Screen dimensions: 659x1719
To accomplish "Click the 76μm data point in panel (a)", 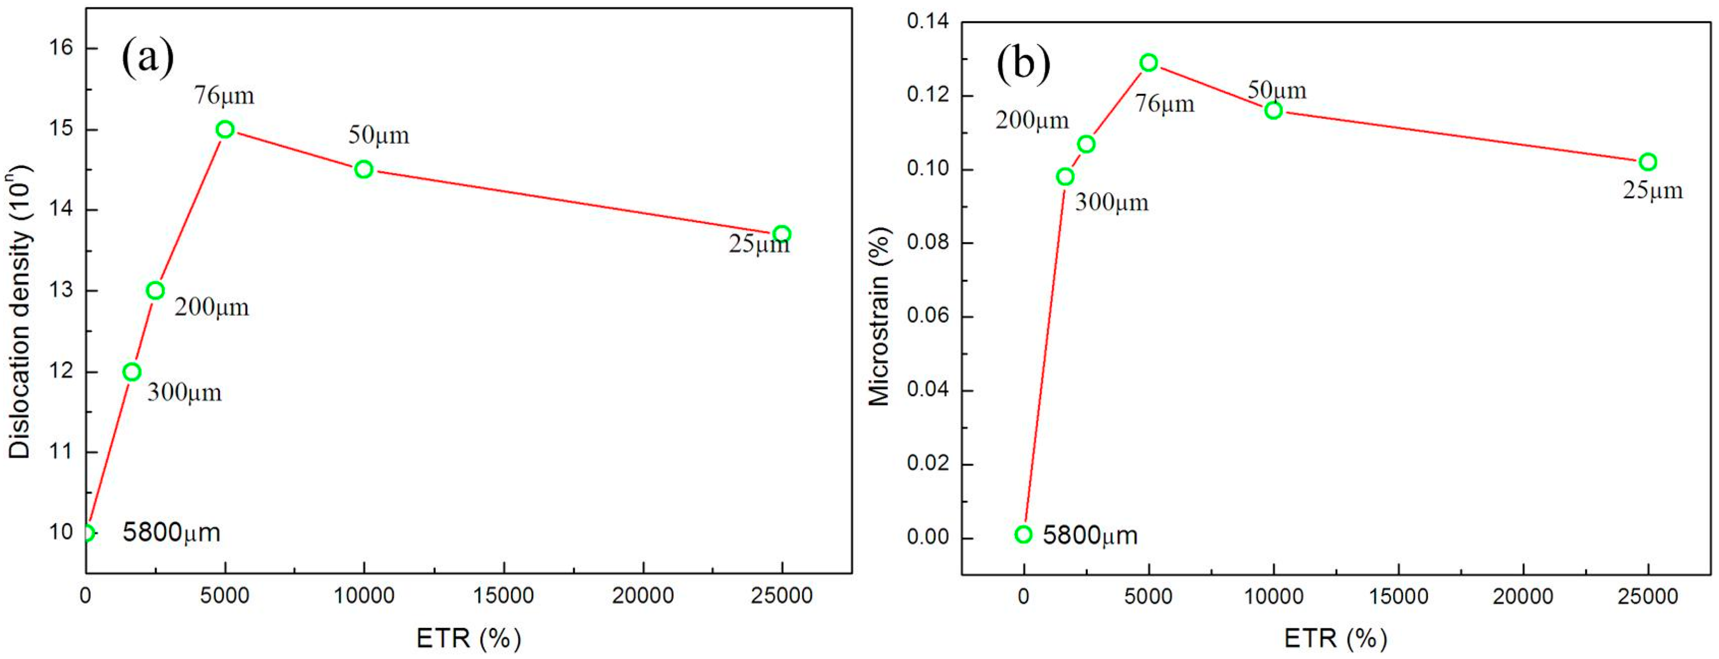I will click(x=225, y=130).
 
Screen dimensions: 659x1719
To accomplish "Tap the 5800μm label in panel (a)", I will click(x=172, y=532).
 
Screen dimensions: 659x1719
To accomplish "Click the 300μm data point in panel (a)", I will click(x=132, y=372).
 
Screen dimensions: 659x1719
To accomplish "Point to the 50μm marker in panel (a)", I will click(x=364, y=170).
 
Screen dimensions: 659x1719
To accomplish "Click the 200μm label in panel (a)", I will click(x=212, y=307).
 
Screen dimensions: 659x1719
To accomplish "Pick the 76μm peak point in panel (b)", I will click(x=1148, y=63).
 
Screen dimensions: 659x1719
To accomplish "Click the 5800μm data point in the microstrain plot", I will click(x=1023, y=534).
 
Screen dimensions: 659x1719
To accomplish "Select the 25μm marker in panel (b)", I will click(x=1647, y=162).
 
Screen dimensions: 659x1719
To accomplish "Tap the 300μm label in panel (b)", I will click(x=1111, y=202).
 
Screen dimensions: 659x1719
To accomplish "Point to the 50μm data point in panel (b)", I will click(x=1273, y=110).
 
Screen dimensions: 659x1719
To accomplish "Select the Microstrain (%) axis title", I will click(x=880, y=316).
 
